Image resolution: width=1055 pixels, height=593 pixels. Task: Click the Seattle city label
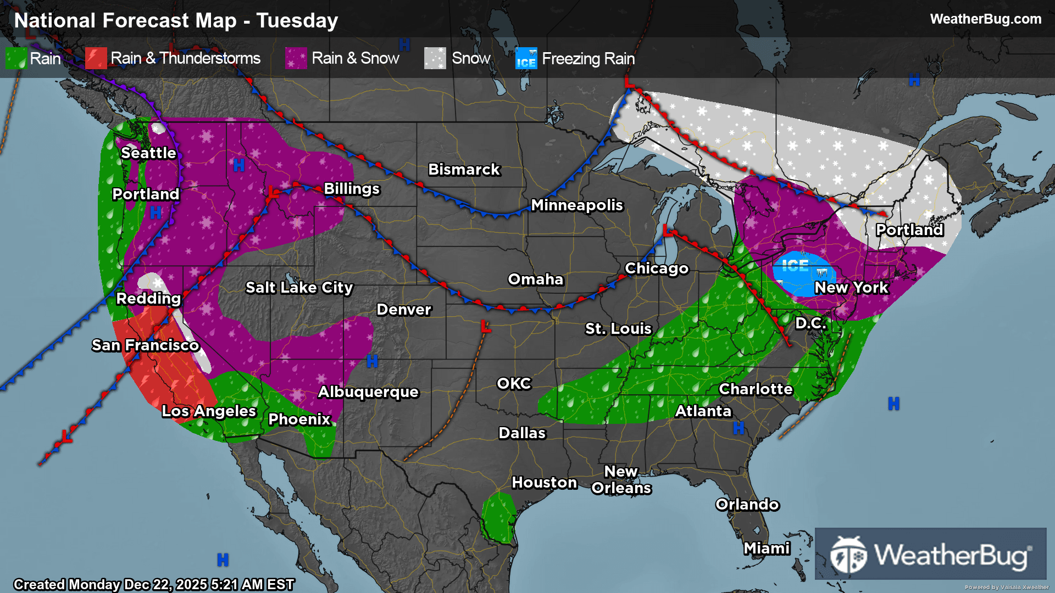click(148, 153)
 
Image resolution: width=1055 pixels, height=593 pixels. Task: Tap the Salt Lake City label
click(299, 288)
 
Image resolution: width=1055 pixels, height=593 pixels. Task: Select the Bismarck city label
click(464, 170)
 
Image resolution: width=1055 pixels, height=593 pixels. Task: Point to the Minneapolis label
click(576, 205)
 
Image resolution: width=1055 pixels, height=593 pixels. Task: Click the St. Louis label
click(618, 329)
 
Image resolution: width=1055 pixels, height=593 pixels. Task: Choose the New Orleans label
click(621, 480)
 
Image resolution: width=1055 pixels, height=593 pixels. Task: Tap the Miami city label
click(767, 549)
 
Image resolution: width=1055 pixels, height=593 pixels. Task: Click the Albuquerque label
click(368, 392)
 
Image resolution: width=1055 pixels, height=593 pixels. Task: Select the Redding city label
click(148, 299)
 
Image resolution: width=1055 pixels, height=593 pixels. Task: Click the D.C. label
click(810, 323)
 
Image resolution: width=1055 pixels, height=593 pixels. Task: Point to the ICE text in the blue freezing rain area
click(795, 266)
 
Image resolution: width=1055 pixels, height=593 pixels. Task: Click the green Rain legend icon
click(15, 58)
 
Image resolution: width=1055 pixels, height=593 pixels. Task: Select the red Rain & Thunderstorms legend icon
click(96, 58)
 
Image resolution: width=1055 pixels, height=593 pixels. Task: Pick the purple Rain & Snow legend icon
click(296, 58)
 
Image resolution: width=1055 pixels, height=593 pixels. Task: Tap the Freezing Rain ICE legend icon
click(526, 59)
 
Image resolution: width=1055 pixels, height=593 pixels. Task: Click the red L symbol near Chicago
click(668, 230)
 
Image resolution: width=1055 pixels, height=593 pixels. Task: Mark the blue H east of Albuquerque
click(372, 361)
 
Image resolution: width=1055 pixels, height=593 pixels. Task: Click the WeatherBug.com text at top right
click(985, 19)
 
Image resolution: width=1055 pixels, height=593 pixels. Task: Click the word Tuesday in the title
click(297, 21)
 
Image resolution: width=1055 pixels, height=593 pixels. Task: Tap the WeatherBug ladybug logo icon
click(848, 555)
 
